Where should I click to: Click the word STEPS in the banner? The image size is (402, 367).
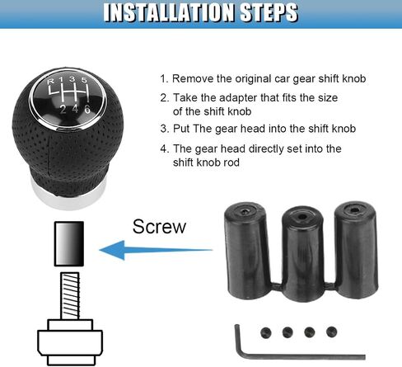[269, 12]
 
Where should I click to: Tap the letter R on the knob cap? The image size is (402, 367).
[51, 82]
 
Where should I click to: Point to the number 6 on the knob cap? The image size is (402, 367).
[87, 109]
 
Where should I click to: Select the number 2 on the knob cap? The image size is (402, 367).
[63, 110]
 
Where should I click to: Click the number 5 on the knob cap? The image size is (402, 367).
[84, 80]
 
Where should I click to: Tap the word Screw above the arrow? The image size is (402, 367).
[159, 227]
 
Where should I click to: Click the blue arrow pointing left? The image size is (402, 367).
[156, 250]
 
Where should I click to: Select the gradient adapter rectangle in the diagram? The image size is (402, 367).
[69, 243]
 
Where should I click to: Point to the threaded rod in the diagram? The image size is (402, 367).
[70, 296]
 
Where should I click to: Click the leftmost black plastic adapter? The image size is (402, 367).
[246, 250]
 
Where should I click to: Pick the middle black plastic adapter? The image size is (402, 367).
[303, 253]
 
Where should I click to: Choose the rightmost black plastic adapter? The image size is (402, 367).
[356, 250]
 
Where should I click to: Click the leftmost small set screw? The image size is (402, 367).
[266, 332]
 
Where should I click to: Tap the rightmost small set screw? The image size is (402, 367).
[332, 332]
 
